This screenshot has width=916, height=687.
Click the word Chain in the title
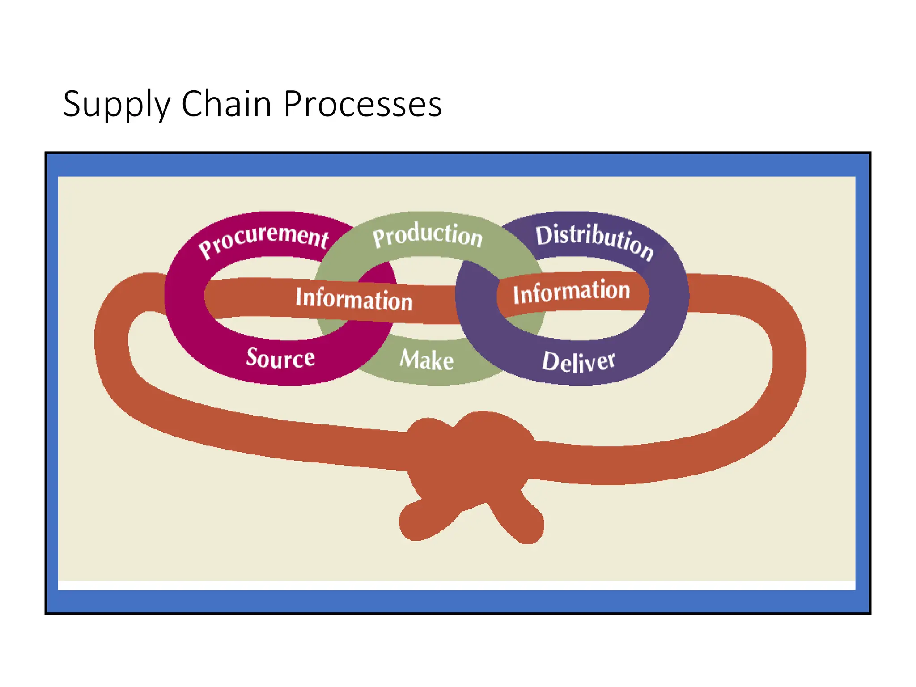[226, 104]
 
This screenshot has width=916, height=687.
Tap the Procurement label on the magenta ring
[264, 239]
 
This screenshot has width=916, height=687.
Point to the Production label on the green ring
[427, 234]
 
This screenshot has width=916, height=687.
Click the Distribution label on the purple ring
[595, 241]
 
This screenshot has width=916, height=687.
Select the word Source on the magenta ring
[280, 358]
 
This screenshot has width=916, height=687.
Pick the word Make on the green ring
[427, 360]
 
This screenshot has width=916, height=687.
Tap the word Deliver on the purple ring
[578, 361]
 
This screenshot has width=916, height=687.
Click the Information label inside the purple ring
[572, 292]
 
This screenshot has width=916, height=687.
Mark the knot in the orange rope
[470, 461]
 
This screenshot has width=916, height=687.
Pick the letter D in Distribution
[544, 235]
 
